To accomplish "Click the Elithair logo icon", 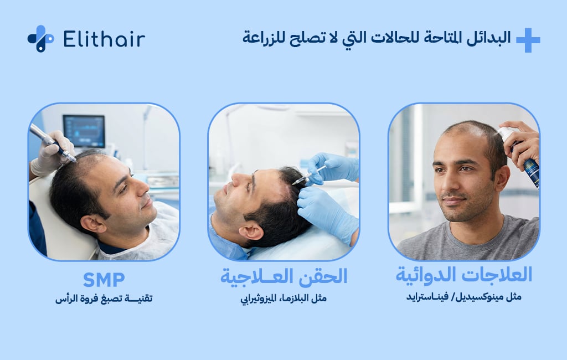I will coord(40,39).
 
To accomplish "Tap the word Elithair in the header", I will coord(104,39).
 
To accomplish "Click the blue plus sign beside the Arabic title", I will coord(528,40).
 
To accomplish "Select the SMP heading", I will coord(104,280).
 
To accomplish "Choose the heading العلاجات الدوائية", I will coord(463,275).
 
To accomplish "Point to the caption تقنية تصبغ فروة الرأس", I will coord(104,299).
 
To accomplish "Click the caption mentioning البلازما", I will coord(283,299).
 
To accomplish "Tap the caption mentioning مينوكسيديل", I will coord(463,297).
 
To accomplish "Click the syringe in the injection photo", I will coord(308,175).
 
